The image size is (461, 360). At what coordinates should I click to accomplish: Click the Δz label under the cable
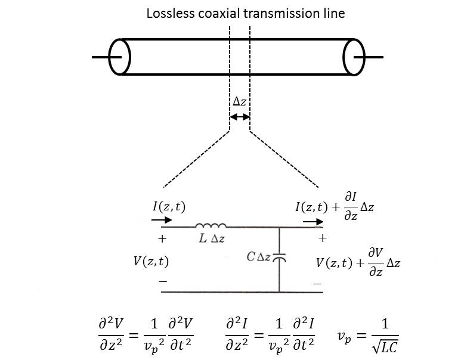click(239, 102)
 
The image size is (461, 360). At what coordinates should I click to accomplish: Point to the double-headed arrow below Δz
click(240, 117)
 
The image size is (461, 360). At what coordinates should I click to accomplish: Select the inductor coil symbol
click(211, 225)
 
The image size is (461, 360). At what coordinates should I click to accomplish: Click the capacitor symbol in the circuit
click(279, 257)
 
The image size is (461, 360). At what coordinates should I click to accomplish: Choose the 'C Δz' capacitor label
click(259, 257)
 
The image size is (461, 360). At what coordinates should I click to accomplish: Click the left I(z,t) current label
click(169, 207)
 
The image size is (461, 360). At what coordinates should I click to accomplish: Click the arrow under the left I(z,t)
click(160, 219)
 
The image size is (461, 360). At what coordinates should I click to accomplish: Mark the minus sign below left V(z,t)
click(162, 280)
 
